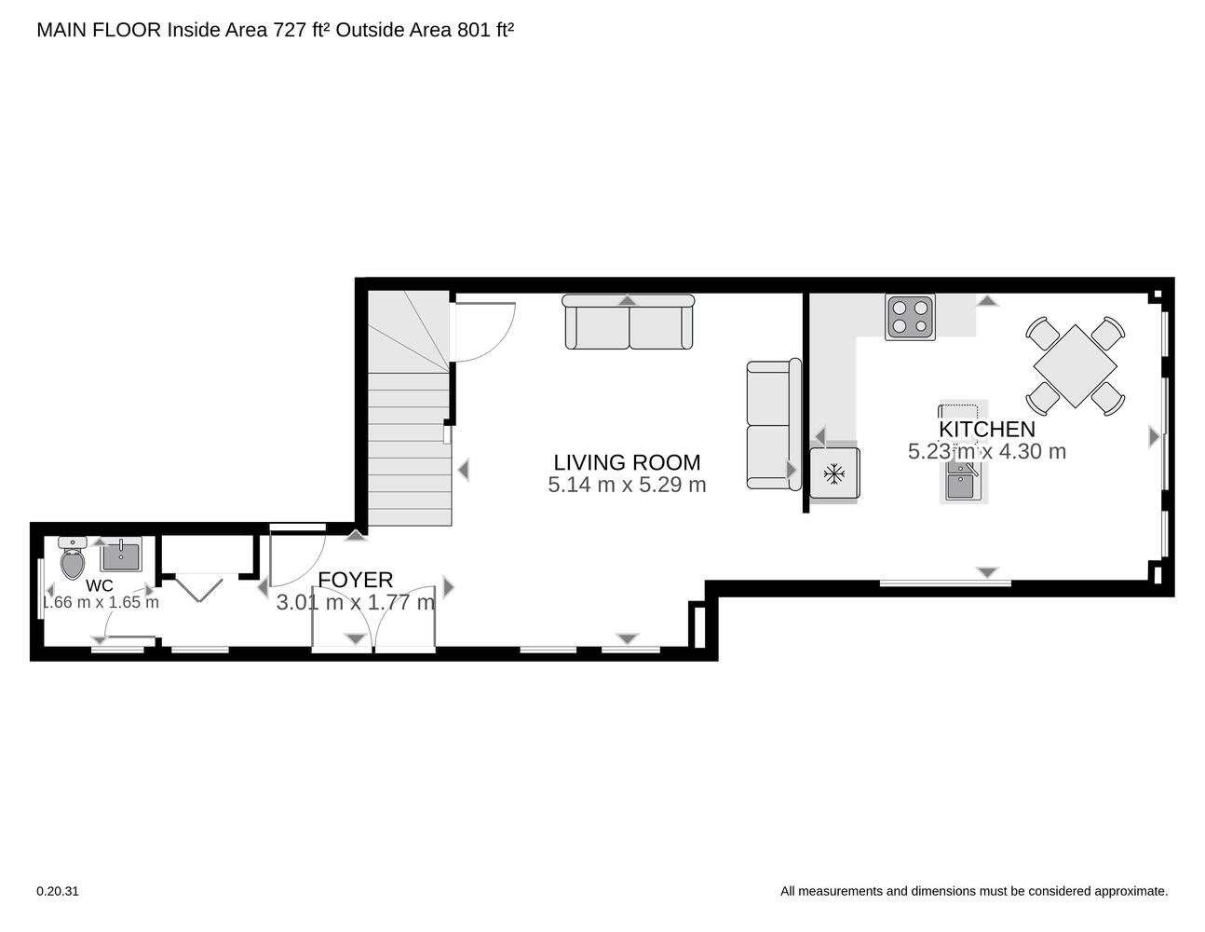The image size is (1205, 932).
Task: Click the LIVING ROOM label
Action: (627, 462)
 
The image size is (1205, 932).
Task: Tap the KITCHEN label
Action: (986, 429)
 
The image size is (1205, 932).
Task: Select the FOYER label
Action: (356, 580)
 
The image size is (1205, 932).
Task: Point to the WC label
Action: (100, 585)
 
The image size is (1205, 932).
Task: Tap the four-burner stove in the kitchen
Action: (910, 317)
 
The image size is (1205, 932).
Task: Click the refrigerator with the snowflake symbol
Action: (834, 473)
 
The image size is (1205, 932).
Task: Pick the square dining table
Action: (1075, 366)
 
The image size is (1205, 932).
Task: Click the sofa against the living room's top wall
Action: (629, 322)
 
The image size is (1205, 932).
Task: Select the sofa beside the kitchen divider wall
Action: (774, 424)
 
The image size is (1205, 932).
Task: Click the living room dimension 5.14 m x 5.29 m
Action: (627, 485)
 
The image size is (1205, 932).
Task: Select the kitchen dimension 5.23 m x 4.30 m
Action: (986, 451)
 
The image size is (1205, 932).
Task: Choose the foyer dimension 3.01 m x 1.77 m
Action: (356, 602)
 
